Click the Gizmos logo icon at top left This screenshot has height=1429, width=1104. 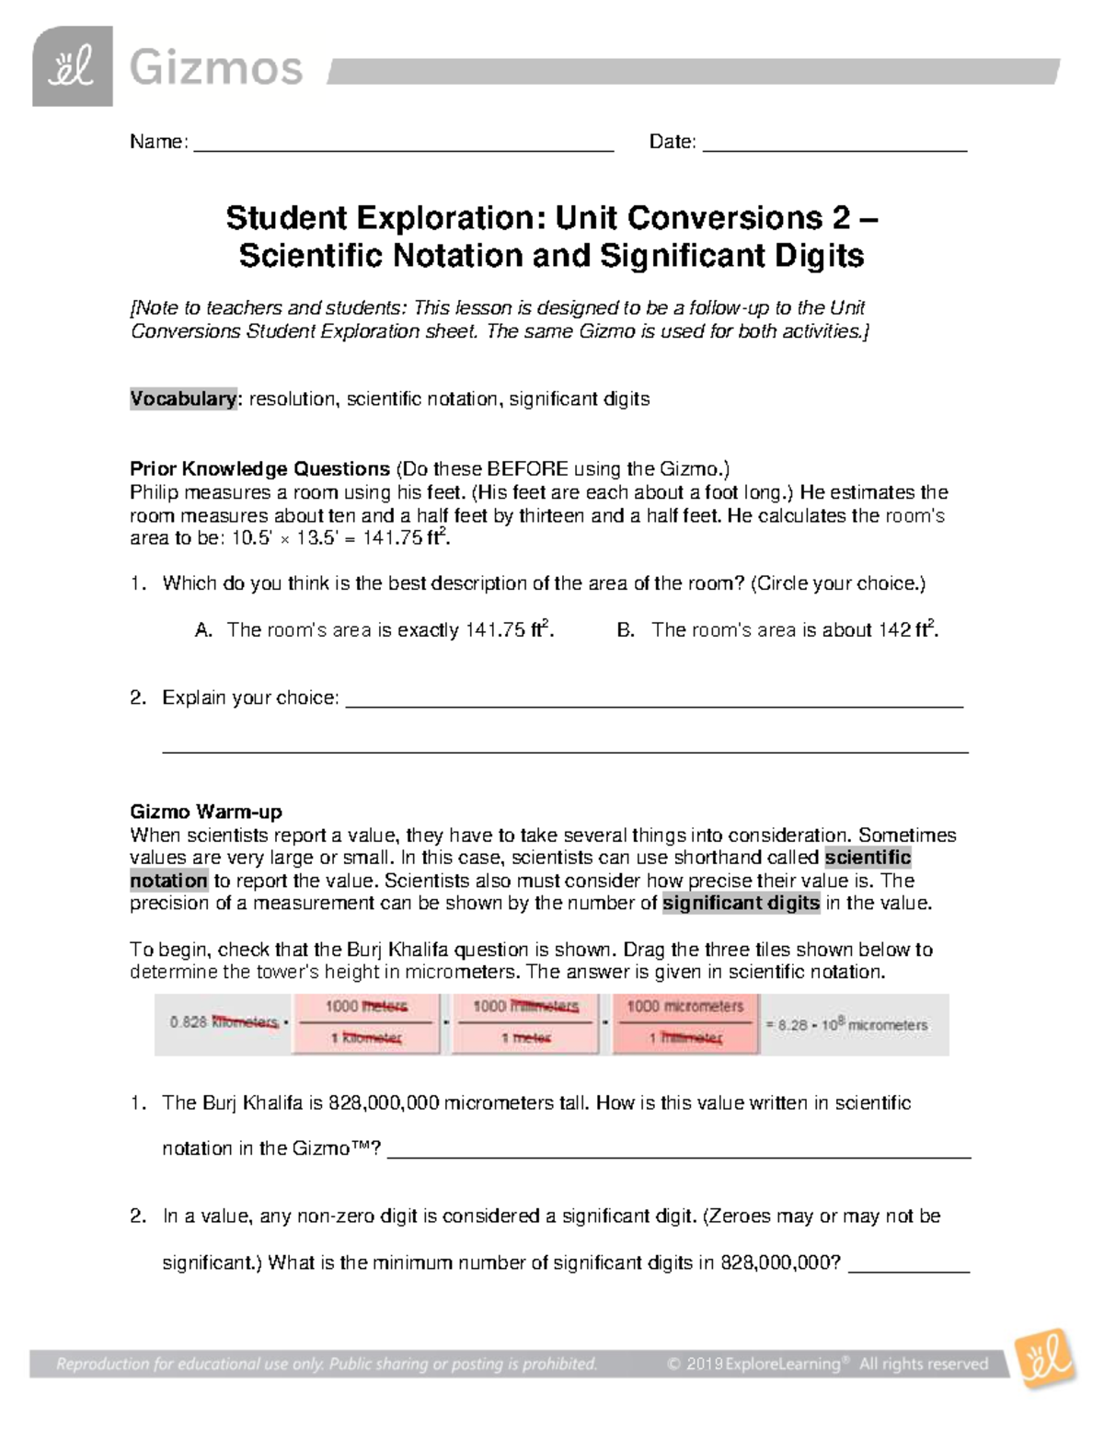[x=72, y=66]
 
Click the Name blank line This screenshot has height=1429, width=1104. [x=403, y=144]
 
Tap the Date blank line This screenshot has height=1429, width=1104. [x=834, y=144]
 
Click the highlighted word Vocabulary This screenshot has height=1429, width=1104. [x=183, y=399]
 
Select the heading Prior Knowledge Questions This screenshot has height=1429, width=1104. [x=259, y=468]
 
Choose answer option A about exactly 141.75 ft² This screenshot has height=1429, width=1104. [x=374, y=630]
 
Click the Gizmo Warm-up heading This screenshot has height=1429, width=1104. [x=206, y=812]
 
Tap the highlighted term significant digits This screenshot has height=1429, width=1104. [x=741, y=904]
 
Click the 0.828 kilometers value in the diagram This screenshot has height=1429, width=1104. [x=224, y=1023]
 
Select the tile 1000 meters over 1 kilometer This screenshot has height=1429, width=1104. [x=366, y=1023]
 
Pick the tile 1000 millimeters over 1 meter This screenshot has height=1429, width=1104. [x=525, y=1023]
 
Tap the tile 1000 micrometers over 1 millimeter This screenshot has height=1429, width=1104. [x=685, y=1023]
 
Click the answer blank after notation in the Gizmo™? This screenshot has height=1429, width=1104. [x=679, y=1151]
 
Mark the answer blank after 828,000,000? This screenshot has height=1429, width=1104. [x=908, y=1265]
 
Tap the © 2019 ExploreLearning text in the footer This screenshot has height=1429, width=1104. [x=753, y=1365]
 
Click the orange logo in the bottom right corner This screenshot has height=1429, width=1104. [x=1044, y=1359]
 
